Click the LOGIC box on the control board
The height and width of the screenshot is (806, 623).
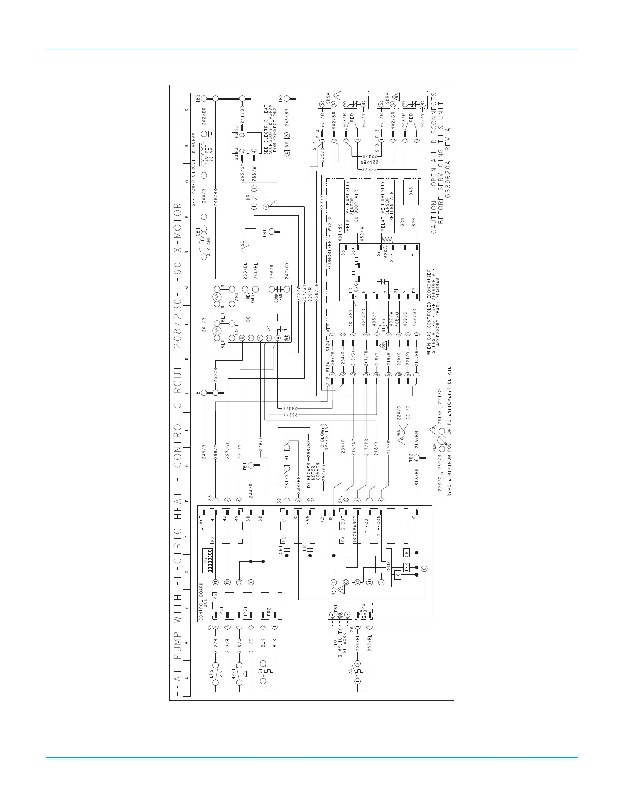coord(389,567)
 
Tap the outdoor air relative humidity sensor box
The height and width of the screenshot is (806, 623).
coord(352,206)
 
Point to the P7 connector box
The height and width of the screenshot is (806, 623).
coord(207,560)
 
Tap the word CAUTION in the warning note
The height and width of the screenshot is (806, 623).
coord(434,217)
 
